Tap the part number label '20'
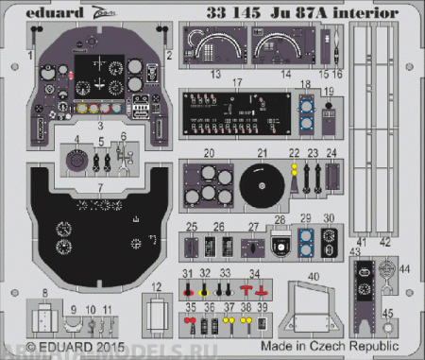[x=211, y=153]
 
